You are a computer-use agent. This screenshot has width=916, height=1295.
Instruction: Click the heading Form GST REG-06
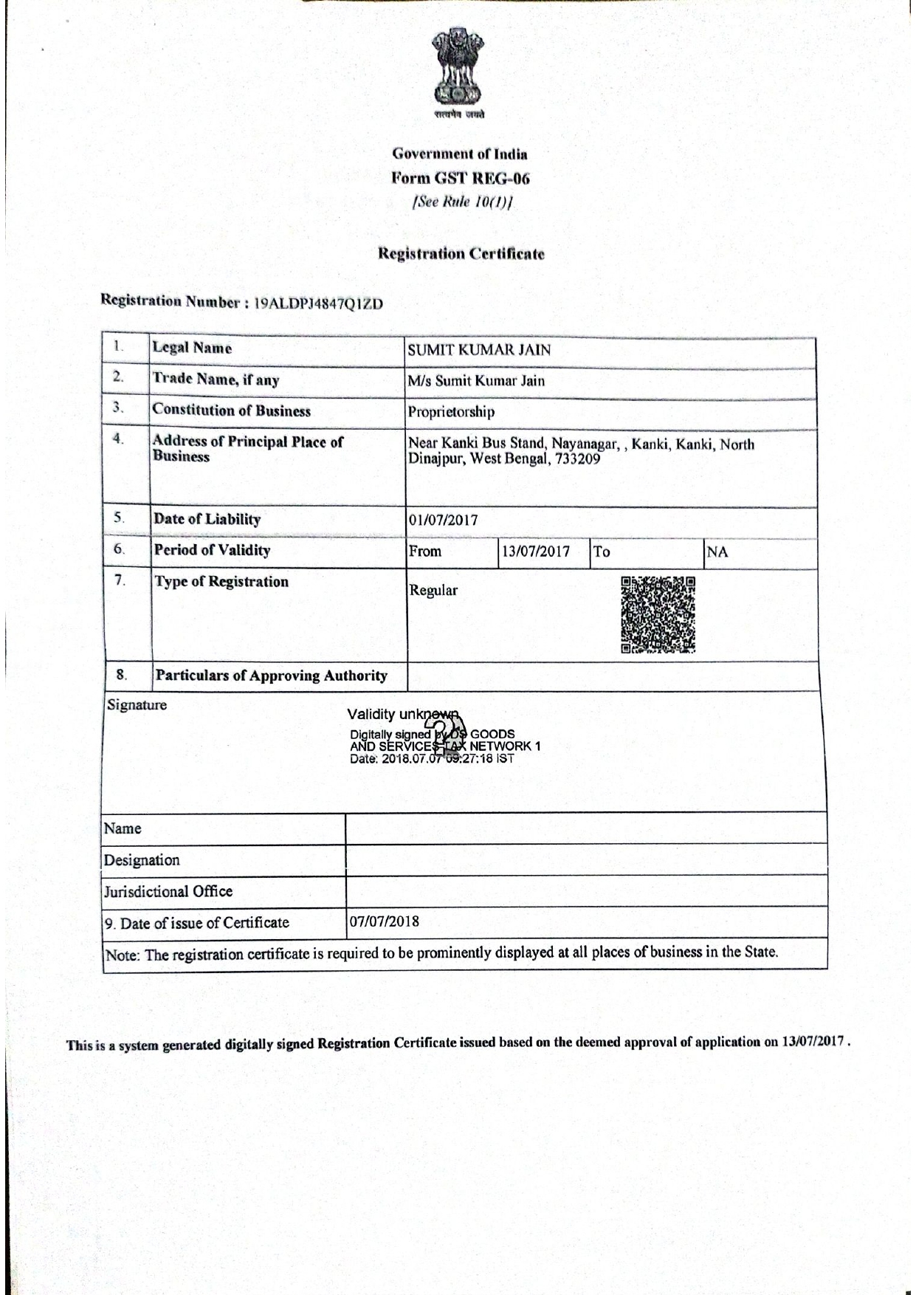coord(460,178)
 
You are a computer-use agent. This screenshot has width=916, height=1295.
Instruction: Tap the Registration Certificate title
coord(461,253)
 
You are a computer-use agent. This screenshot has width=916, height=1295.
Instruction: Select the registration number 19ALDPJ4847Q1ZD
coord(318,303)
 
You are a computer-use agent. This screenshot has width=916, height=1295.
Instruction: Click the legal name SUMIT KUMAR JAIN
coord(479,350)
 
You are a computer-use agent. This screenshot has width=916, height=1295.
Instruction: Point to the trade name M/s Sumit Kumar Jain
coord(476,381)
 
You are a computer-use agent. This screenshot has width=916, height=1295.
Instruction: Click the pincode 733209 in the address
coord(577,459)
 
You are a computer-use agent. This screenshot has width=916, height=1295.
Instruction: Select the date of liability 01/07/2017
coord(443,520)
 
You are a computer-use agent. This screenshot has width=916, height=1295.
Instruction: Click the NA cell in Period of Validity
coord(717,552)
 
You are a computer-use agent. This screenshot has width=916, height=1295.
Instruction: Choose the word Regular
coord(433,591)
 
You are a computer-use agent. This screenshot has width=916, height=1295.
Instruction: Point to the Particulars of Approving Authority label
coord(271,676)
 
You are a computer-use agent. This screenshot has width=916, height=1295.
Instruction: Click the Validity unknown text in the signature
coord(402,714)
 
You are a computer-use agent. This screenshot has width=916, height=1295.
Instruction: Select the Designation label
coord(142,860)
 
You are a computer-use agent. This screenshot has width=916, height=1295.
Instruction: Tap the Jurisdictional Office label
coord(168,892)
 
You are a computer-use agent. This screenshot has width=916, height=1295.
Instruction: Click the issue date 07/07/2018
coord(384,921)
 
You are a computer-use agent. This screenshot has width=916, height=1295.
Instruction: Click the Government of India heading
coord(460,154)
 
